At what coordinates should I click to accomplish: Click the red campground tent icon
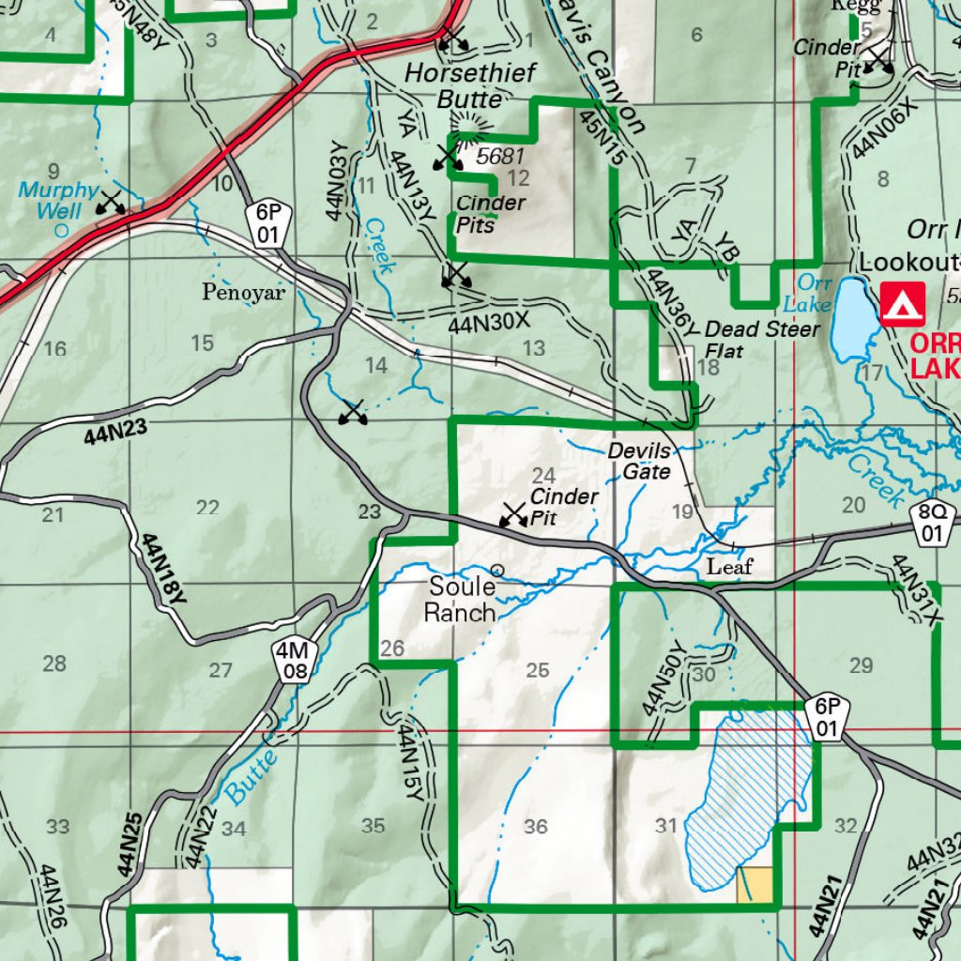pos(902,305)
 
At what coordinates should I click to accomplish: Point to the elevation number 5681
pos(498,157)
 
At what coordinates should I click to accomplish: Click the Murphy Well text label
pos(57,200)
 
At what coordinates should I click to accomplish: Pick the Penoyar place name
pos(243,293)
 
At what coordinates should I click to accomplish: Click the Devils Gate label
pos(639,461)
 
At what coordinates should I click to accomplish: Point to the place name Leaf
pos(729,567)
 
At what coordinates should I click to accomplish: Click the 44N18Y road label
pos(165,569)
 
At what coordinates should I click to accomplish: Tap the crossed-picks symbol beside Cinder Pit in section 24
pos(512,513)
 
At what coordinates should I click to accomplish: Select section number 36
pos(536,827)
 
